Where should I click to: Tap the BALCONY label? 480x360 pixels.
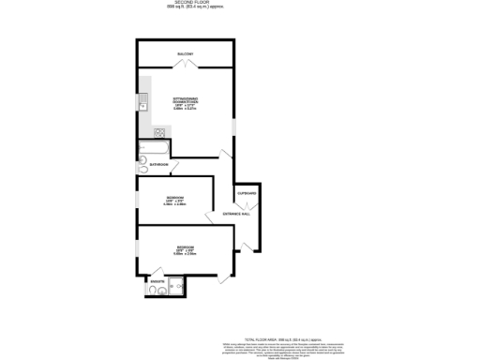point(184,54)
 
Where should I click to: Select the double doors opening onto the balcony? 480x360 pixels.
point(184,67)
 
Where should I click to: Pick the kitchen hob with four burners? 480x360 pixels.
point(147,132)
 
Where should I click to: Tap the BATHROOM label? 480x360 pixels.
point(158,165)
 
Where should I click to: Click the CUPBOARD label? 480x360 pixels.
point(247,193)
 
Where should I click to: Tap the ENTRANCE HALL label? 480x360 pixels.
point(236,214)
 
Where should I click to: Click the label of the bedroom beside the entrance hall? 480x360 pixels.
point(176,200)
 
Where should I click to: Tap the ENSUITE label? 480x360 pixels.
point(157,280)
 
